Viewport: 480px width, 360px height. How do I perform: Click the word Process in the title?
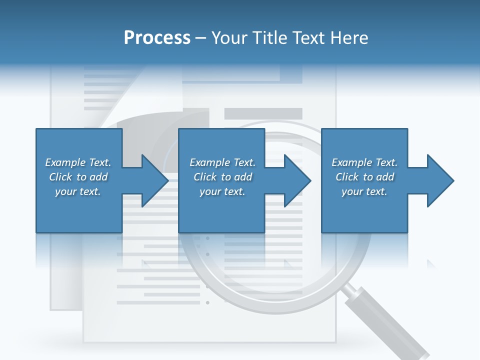(157, 38)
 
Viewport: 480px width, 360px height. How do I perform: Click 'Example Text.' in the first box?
(78, 162)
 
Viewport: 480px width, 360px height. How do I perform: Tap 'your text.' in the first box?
(78, 191)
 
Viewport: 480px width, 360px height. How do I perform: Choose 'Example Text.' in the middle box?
(222, 162)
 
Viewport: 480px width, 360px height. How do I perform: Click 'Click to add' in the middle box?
(222, 177)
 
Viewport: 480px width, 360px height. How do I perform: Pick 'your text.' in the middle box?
(222, 191)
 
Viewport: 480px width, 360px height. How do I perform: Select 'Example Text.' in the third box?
(364, 162)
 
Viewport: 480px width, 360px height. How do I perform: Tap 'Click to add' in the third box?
(364, 177)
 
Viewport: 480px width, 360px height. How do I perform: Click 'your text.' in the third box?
(364, 191)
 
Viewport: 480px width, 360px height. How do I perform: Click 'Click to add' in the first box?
(78, 177)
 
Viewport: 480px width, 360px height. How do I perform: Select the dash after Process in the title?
(201, 38)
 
